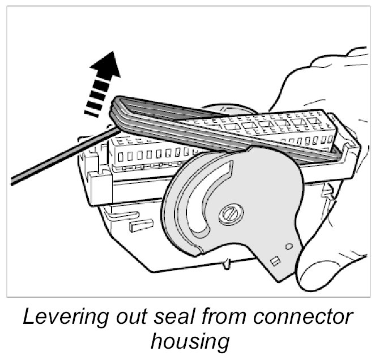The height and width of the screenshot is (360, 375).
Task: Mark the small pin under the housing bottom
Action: coord(226,263)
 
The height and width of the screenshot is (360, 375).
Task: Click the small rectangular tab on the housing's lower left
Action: coord(138,225)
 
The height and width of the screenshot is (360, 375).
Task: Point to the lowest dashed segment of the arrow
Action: coord(91,112)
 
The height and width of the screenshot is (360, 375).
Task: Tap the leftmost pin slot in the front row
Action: coord(120,155)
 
